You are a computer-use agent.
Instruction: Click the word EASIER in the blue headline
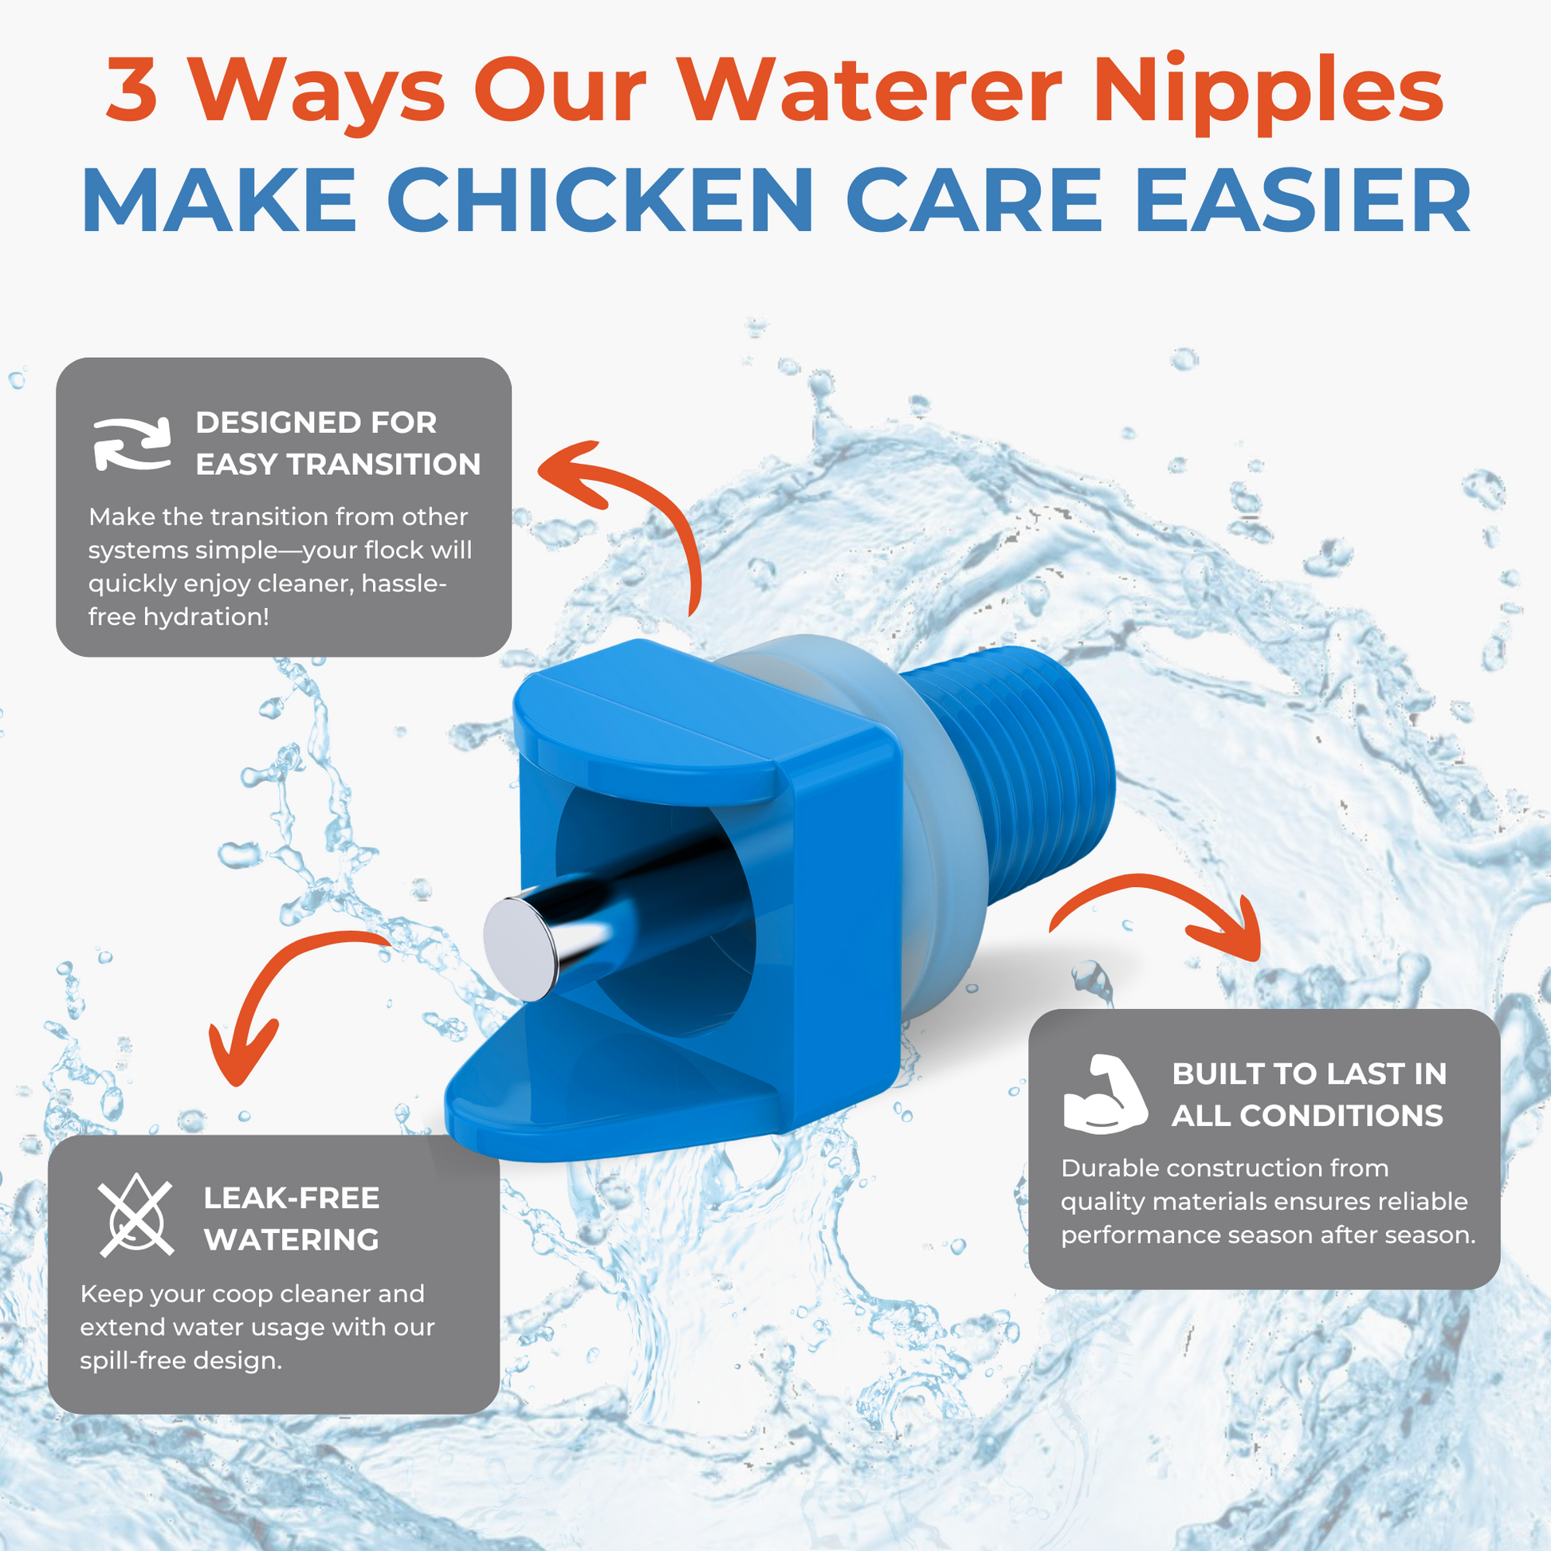click(x=1302, y=200)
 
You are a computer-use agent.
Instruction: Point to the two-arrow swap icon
click(x=132, y=443)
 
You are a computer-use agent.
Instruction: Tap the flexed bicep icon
click(x=1105, y=1094)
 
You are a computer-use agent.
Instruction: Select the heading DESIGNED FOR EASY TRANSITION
click(x=338, y=443)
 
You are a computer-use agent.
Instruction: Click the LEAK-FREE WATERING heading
click(x=292, y=1219)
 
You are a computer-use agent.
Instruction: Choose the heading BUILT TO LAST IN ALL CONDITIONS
click(x=1309, y=1094)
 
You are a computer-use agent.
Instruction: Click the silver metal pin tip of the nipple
click(x=520, y=950)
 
